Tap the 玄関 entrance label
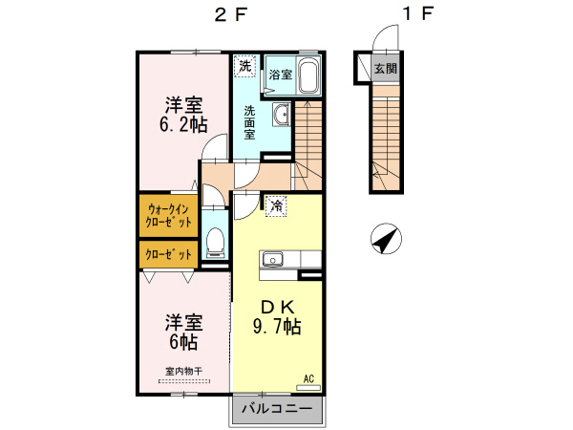386,68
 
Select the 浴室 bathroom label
279,74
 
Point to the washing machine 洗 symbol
245,67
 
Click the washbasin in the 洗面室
281,116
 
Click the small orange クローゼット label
169,254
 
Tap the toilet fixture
215,244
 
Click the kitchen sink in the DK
271,259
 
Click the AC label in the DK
308,378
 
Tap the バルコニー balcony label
276,409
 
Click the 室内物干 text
182,371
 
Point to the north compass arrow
386,240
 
